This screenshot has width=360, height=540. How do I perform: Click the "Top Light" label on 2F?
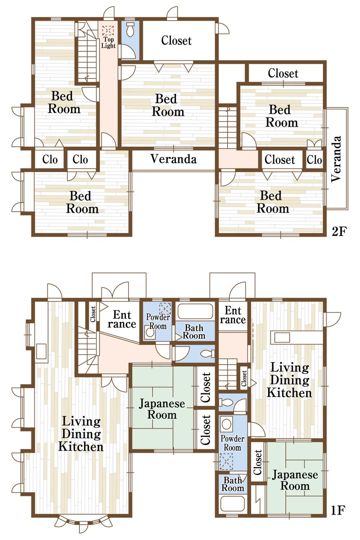click(108, 42)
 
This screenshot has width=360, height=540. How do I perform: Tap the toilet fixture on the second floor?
click(130, 28)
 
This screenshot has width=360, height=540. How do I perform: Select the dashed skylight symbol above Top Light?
click(108, 30)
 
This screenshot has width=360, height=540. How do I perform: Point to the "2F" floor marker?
click(338, 231)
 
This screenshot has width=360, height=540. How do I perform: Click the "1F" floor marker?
click(338, 510)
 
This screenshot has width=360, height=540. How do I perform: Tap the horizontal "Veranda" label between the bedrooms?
click(173, 159)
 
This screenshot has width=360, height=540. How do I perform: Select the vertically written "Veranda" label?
click(336, 159)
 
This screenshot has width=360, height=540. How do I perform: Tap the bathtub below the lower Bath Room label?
click(233, 504)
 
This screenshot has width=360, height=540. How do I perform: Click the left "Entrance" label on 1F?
click(122, 319)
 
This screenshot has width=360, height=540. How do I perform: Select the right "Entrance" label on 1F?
click(233, 315)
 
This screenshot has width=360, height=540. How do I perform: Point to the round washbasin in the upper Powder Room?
click(150, 333)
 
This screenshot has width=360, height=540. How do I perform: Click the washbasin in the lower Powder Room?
click(226, 424)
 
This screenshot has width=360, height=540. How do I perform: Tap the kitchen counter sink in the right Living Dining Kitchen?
click(282, 338)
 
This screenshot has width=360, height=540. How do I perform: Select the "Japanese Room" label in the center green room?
click(162, 409)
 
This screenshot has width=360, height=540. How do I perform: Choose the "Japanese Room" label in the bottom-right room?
click(295, 480)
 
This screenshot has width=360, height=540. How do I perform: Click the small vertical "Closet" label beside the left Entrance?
click(93, 314)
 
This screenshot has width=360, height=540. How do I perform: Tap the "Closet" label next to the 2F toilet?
click(176, 40)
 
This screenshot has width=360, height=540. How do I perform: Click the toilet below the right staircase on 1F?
click(227, 402)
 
